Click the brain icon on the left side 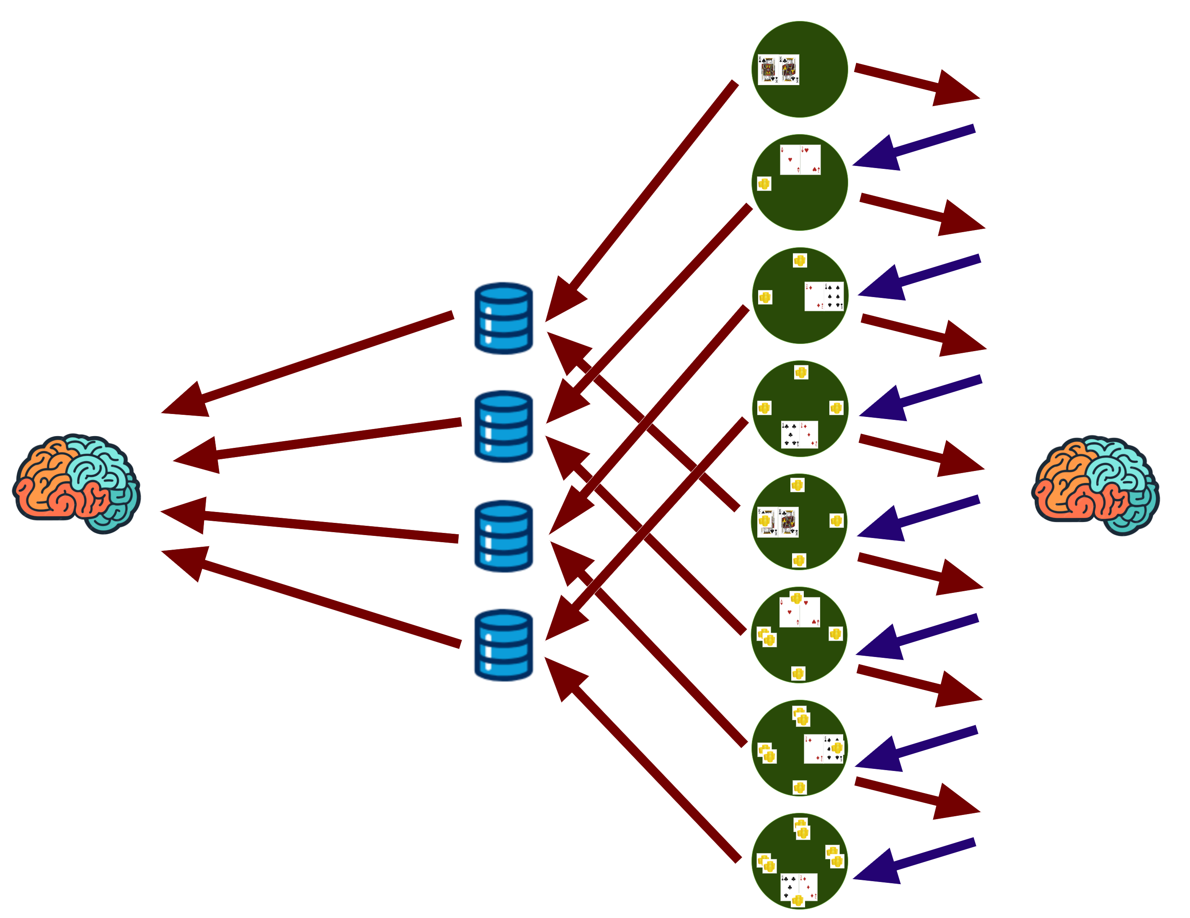coord(76,484)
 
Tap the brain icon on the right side coord(1095,485)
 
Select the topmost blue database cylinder coord(503,318)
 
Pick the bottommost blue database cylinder coord(503,645)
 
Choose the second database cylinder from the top coord(503,427)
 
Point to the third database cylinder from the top coord(503,536)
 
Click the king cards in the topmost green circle coord(779,70)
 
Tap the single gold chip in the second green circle coord(764,184)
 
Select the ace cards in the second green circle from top coord(800,160)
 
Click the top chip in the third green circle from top coord(799,261)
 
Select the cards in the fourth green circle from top coord(799,434)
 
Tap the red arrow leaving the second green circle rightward coord(921,212)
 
